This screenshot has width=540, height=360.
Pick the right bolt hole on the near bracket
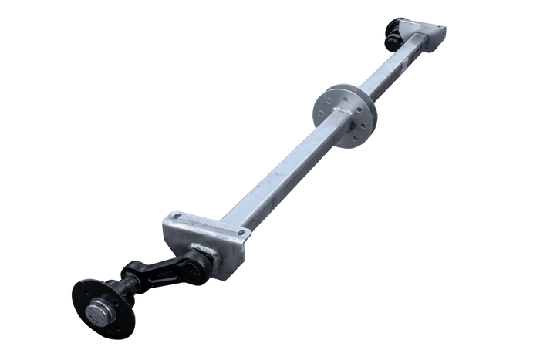(241, 234)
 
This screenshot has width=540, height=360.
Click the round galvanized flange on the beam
(345, 113)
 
